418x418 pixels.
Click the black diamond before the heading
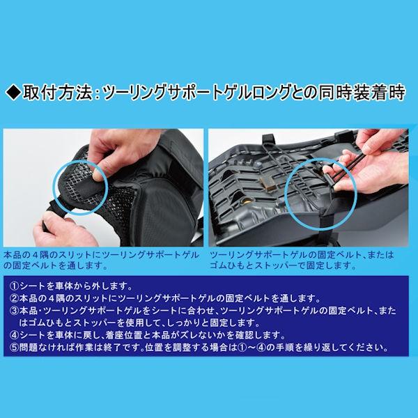coord(13,93)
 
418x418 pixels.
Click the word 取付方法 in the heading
coord(58,93)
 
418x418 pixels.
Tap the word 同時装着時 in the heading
coord(361,93)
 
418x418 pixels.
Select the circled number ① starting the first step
coord(14,286)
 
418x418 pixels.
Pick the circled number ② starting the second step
coord(14,299)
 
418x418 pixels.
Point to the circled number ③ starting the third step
coord(14,311)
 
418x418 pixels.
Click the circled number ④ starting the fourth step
coord(14,335)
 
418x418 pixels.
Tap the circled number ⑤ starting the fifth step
coord(14,348)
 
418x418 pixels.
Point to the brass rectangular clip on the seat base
coord(269,185)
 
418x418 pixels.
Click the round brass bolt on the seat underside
coord(247,201)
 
